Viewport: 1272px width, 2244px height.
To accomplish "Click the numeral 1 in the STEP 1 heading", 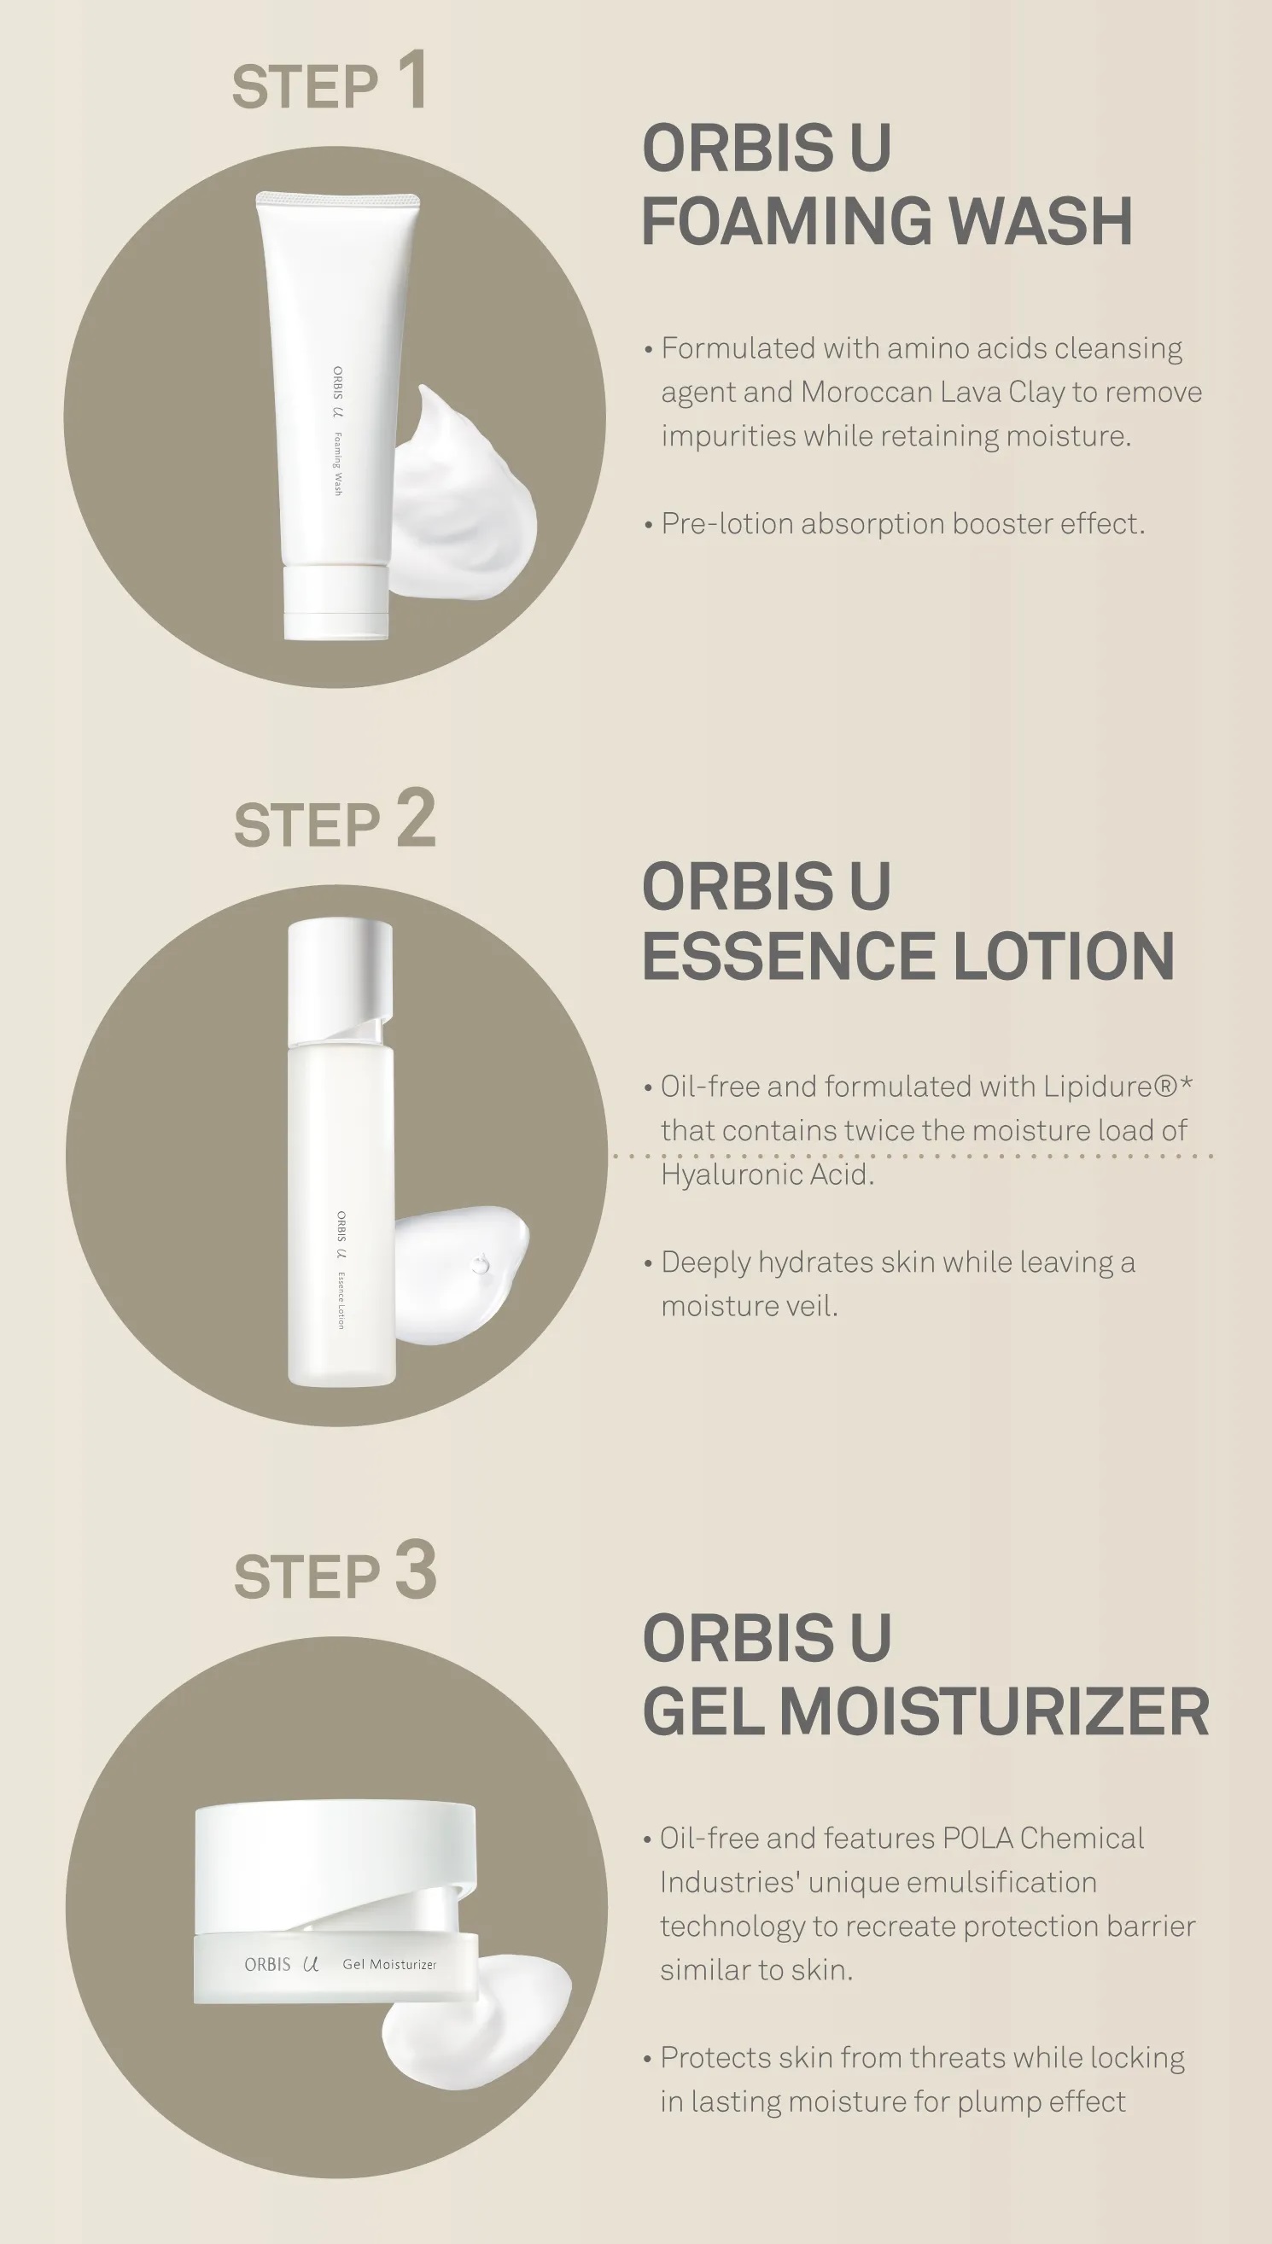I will click(x=412, y=80).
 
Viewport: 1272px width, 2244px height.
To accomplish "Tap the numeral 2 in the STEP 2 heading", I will click(x=416, y=819).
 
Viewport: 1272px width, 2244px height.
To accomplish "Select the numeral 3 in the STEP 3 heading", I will click(x=416, y=1571).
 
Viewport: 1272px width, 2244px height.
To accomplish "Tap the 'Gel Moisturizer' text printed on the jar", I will click(x=388, y=1965).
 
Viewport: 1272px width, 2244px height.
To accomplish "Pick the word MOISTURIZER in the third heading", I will click(x=995, y=1711).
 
